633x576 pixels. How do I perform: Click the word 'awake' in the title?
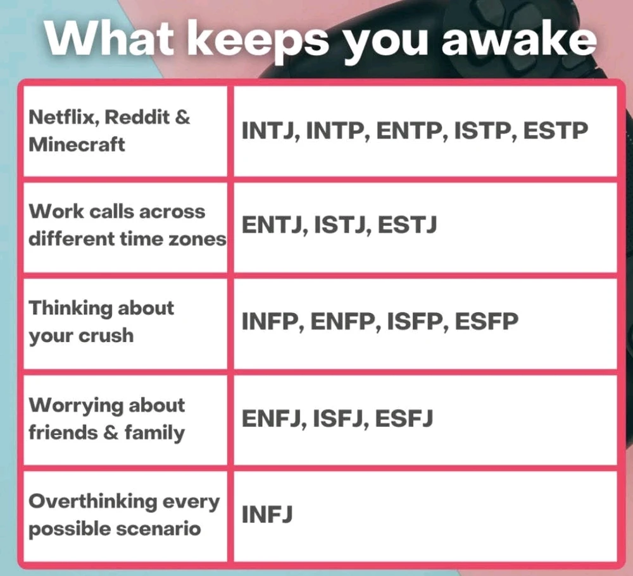519,39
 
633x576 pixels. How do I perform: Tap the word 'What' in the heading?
109,39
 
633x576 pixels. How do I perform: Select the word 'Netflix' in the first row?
64,117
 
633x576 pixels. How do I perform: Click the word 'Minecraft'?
77,144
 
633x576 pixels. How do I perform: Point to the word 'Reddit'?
137,117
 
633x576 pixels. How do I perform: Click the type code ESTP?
556,130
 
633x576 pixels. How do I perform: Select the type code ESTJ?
407,224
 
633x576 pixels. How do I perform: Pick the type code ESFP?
486,321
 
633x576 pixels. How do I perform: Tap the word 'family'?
154,433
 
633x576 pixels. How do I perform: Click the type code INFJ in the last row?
267,514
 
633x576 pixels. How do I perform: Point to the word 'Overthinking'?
92,502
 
